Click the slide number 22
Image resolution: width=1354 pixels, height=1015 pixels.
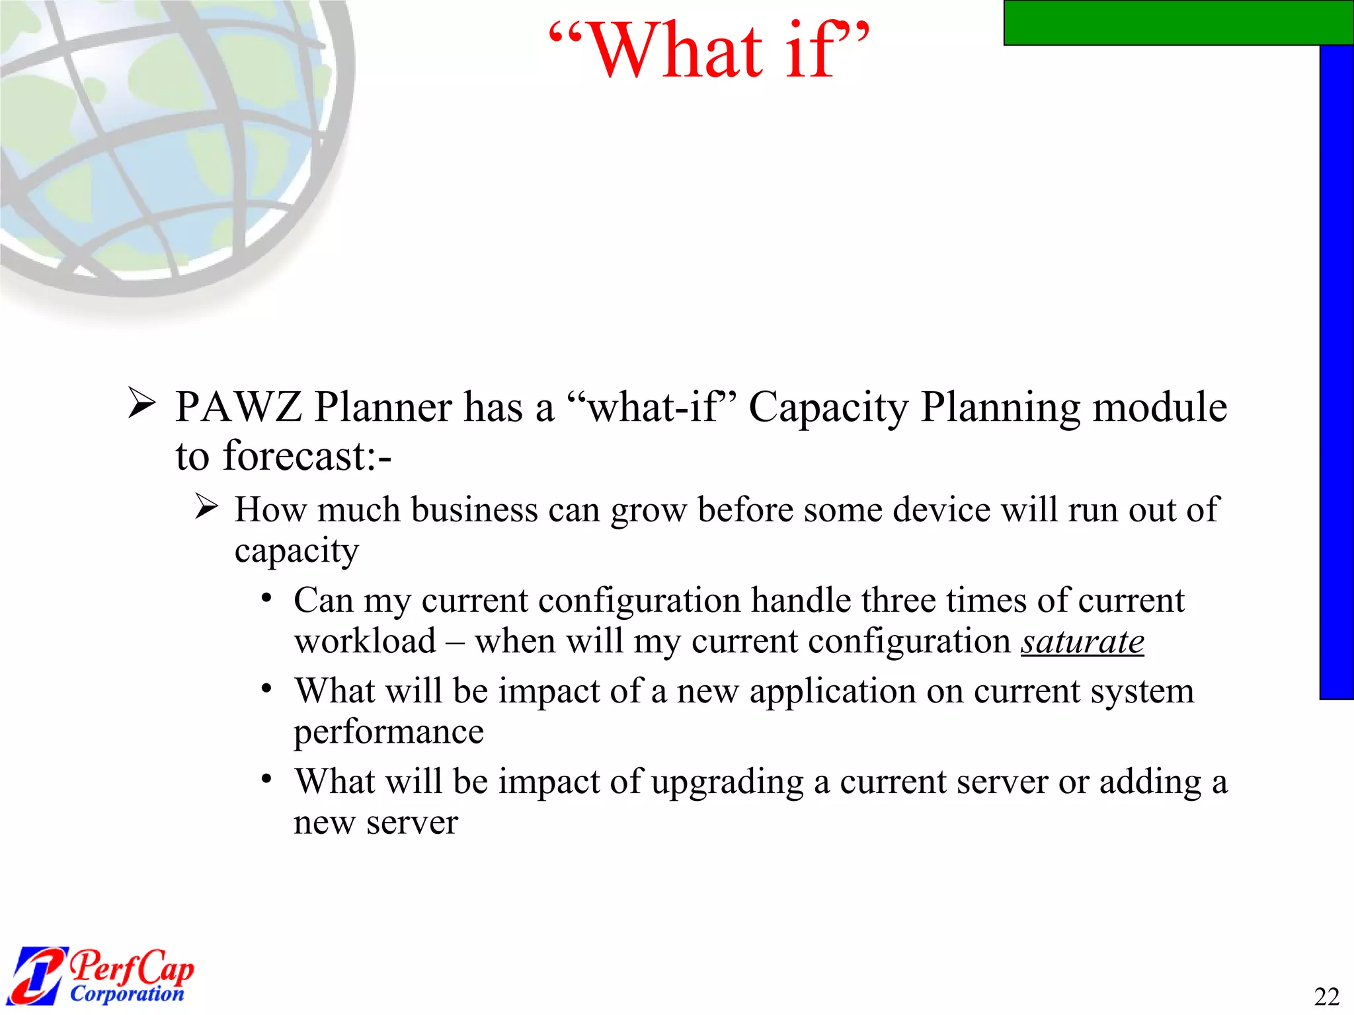tap(1326, 996)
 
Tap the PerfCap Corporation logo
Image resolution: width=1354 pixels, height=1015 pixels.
tap(102, 975)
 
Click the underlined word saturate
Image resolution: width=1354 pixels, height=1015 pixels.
tap(1082, 642)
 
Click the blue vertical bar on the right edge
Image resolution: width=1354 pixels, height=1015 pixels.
tap(1336, 370)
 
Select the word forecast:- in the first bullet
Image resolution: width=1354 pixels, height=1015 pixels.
tap(307, 456)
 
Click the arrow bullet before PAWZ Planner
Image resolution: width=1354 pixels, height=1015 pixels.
tap(141, 403)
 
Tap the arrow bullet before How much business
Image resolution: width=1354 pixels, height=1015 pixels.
tap(207, 507)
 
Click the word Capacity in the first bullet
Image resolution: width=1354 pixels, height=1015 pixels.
tap(828, 408)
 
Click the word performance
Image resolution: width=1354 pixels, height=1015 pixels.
tap(389, 732)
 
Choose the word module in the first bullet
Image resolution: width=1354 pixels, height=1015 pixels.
tap(1160, 406)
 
